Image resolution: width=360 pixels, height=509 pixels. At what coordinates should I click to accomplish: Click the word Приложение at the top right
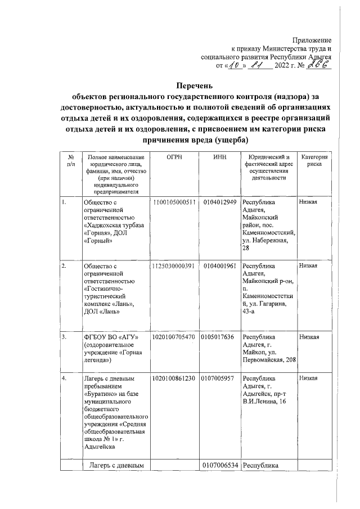point(313,39)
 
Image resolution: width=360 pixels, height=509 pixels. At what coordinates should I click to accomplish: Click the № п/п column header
point(70,161)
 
